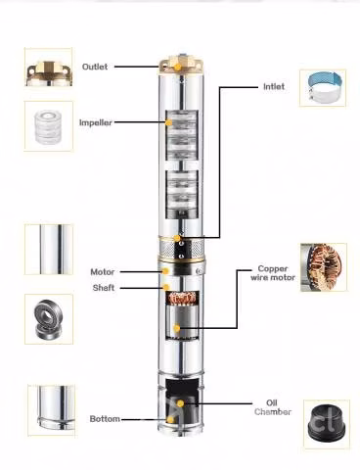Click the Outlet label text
point(95,67)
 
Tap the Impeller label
point(96,122)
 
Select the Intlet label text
point(274,86)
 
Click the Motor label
point(103,272)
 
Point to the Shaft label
point(104,288)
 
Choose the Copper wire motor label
point(273,273)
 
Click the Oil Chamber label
point(273,407)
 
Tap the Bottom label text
point(105,419)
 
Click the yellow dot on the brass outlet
point(178,67)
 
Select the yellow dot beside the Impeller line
point(169,122)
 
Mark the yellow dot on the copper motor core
point(177,328)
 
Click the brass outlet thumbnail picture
point(49,67)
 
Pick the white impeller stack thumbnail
point(49,126)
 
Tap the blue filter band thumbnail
point(323,88)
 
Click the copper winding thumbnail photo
point(324,267)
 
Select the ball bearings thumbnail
point(49,319)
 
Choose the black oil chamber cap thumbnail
point(327,424)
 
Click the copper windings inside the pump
point(182,299)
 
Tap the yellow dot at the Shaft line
point(166,287)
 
